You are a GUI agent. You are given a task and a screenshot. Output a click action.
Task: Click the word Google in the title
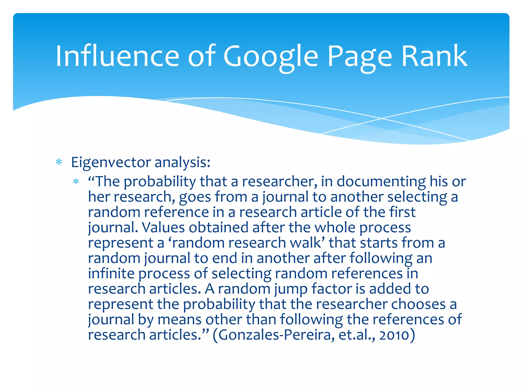271,57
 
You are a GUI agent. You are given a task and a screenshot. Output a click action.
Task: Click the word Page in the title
359,57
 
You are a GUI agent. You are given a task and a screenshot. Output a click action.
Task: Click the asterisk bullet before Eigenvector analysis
59,162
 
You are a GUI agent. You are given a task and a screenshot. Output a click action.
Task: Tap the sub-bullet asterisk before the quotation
76,182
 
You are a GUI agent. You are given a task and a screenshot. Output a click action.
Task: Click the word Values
163,227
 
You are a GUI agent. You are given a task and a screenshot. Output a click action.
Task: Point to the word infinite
111,273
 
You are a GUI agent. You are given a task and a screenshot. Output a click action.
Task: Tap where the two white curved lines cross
382,118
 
